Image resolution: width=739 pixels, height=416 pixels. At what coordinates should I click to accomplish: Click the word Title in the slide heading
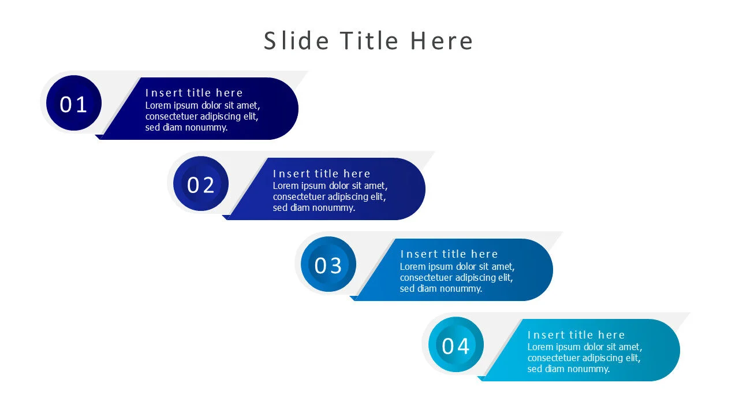(369, 41)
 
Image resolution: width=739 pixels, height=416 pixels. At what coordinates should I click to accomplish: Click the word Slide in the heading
(296, 41)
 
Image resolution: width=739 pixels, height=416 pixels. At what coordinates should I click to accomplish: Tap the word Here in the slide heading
(442, 41)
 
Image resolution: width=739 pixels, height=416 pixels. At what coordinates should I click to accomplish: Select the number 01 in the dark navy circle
(73, 105)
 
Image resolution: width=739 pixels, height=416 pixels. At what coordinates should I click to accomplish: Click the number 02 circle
(200, 184)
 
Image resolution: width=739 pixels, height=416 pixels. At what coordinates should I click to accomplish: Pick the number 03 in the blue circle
(328, 265)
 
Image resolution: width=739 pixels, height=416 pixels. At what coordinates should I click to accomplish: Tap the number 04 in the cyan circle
(456, 346)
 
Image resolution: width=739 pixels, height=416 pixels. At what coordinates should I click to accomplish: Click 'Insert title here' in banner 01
(194, 93)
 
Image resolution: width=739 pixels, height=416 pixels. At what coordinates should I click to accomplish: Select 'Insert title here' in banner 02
(322, 173)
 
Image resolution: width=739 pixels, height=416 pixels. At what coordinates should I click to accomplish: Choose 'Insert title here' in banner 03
(449, 254)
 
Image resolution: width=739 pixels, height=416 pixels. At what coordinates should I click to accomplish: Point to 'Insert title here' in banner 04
(576, 335)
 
